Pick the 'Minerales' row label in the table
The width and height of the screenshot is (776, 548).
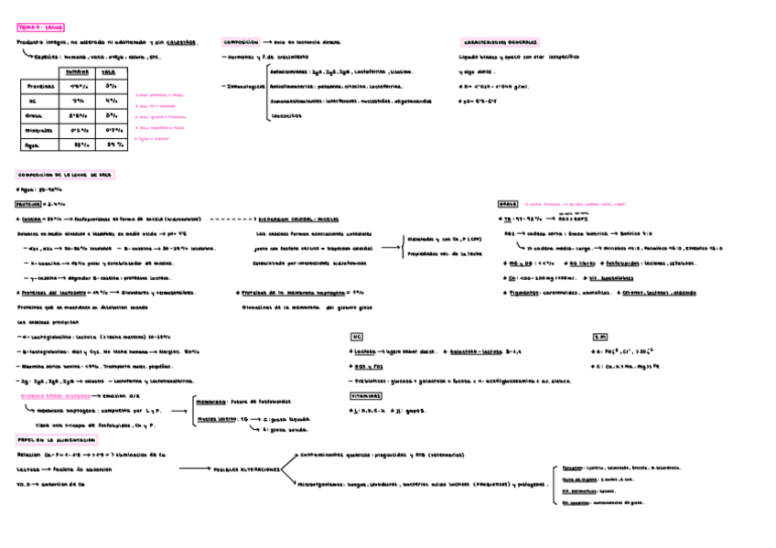tap(38, 130)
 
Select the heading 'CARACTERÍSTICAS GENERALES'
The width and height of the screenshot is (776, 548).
tap(500, 42)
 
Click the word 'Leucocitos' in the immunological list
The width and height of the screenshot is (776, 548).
tap(287, 116)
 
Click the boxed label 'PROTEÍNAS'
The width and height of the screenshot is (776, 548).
tap(28, 204)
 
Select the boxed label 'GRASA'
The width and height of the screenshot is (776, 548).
tap(507, 204)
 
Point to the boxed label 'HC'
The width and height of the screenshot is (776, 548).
tap(357, 337)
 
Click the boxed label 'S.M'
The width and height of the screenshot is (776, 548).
tap(599, 337)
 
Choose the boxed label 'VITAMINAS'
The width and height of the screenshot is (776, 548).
tap(366, 396)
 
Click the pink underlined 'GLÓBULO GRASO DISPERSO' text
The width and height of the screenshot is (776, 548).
tap(54, 396)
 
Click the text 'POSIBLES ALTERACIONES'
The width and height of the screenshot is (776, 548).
tap(246, 469)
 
